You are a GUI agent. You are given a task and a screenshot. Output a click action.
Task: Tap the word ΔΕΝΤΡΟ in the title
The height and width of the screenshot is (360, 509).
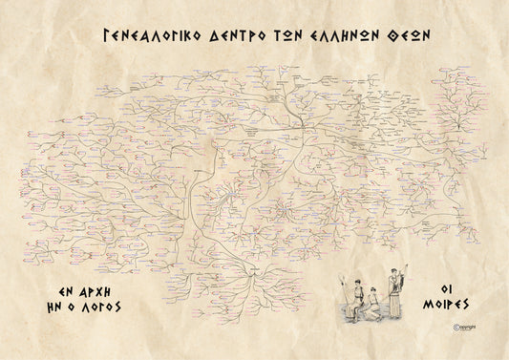tap(239, 35)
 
